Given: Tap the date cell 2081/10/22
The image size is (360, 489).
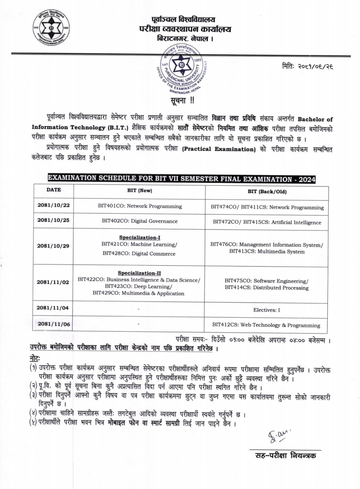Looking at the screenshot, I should [x=53, y=205].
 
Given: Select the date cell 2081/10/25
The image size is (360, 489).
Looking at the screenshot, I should [x=53, y=220].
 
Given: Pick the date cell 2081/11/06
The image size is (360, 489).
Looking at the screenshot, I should [x=54, y=324].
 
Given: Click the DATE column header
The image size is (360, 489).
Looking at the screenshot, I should [x=54, y=189].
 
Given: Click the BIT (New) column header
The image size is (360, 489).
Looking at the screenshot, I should [x=140, y=190].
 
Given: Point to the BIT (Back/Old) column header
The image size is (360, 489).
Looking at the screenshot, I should [x=267, y=192].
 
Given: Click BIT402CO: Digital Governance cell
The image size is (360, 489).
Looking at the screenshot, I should [x=140, y=221].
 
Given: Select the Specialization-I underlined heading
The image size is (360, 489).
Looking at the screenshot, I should [x=140, y=237].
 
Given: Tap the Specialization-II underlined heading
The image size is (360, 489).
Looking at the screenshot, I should [x=139, y=273].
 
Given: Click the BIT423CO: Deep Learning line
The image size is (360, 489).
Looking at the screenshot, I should [x=138, y=286].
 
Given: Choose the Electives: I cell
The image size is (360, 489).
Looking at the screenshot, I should [x=266, y=310].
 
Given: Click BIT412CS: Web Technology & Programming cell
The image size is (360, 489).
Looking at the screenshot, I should [x=266, y=325].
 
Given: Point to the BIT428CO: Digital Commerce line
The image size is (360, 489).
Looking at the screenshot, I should [x=139, y=254].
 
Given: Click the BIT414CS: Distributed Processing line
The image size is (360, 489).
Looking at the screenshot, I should [x=267, y=288].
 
